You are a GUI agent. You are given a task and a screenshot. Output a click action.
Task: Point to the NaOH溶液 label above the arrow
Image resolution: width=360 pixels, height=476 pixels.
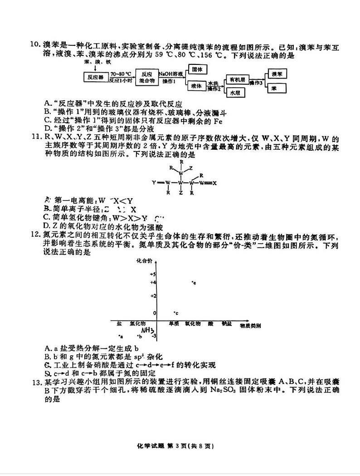click(170, 73)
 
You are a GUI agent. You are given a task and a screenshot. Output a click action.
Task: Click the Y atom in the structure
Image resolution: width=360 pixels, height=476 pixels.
click(154, 183)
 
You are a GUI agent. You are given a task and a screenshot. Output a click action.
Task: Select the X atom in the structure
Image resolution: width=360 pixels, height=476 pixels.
click(214, 183)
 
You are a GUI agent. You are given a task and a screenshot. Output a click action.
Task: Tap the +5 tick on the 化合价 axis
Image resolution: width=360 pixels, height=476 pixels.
click(152, 275)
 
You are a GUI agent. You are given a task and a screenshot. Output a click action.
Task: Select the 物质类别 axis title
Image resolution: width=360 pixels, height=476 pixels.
click(250, 325)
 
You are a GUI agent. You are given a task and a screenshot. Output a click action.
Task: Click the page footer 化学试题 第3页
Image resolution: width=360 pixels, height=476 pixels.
click(180, 446)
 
